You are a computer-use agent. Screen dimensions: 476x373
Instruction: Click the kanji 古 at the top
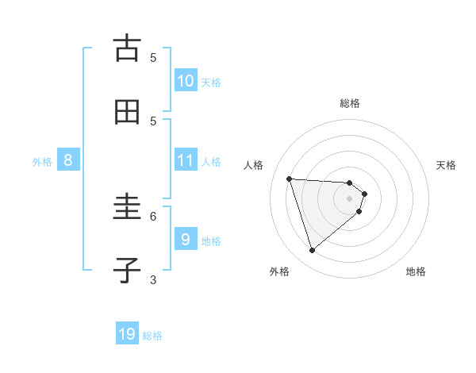coord(127,48)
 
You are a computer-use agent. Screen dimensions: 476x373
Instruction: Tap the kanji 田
coord(127,112)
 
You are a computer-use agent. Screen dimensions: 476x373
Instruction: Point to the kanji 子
coord(127,271)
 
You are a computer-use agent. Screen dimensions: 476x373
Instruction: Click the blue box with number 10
coord(186,81)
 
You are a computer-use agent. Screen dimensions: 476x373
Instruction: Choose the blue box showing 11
coord(186,160)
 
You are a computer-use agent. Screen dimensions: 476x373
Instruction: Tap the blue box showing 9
coord(186,240)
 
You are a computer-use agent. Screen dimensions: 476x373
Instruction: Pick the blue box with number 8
coord(68,160)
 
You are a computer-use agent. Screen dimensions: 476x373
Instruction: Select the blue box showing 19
coord(127,334)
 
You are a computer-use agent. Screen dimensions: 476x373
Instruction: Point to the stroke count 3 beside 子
coord(153,279)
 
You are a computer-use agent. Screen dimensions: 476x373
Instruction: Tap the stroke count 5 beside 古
coord(153,57)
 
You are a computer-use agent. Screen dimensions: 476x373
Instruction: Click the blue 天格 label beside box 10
coord(211,83)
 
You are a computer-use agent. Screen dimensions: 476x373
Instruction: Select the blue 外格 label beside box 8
coord(42,162)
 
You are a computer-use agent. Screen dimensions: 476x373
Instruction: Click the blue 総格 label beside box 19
coord(152,336)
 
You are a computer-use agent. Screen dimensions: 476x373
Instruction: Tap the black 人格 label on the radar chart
coord(254,165)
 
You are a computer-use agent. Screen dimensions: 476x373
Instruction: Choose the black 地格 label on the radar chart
coord(416,271)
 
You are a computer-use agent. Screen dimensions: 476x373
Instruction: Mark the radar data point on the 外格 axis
coord(312,251)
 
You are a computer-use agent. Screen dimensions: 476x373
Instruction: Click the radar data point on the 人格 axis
coord(290,179)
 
